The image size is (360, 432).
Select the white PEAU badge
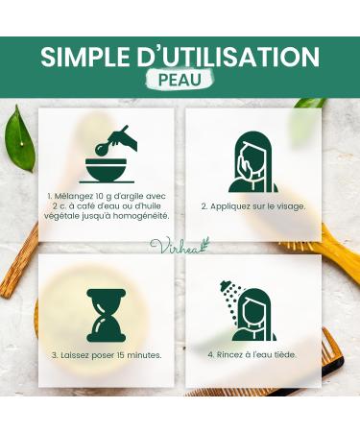[180, 81]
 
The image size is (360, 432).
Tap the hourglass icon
[106, 315]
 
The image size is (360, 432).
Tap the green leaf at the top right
[310, 103]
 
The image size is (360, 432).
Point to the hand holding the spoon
[124, 137]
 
